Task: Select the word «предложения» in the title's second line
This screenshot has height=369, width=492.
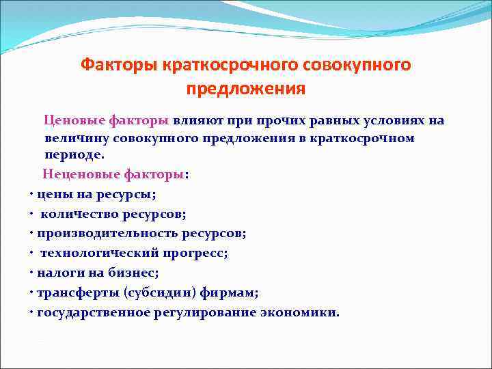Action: [246, 90]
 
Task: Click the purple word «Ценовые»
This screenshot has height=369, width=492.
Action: [73, 121]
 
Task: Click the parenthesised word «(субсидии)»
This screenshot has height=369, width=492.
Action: [164, 292]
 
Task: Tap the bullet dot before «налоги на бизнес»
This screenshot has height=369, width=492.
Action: [31, 273]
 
